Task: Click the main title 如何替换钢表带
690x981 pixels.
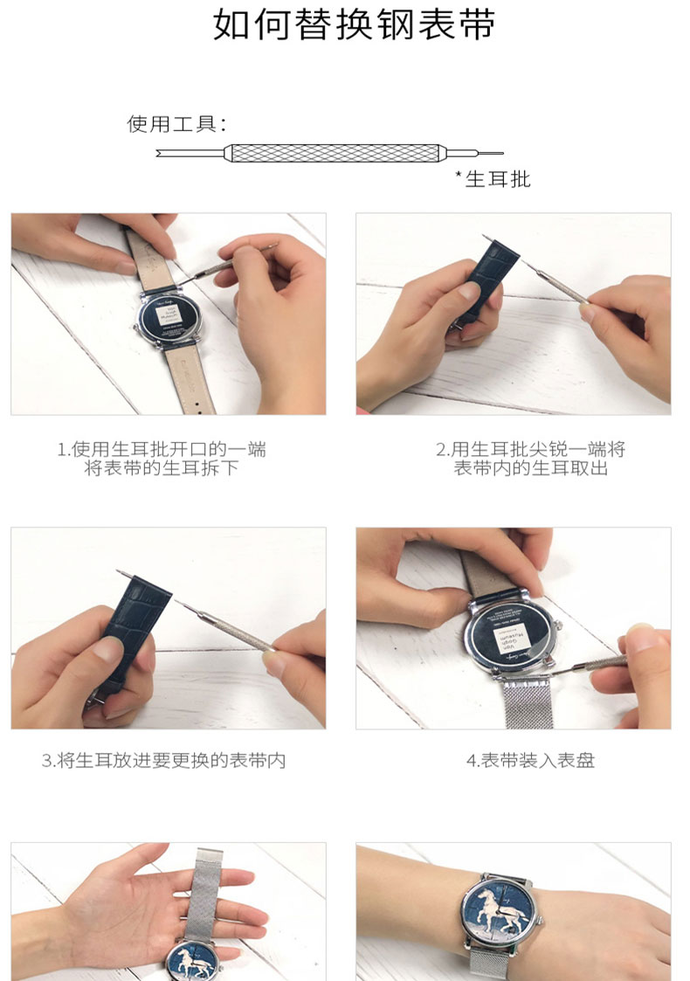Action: (354, 25)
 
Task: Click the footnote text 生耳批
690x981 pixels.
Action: (498, 179)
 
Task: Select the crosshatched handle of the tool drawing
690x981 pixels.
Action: (335, 153)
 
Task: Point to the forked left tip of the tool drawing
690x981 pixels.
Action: (157, 153)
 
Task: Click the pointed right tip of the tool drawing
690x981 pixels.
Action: (502, 153)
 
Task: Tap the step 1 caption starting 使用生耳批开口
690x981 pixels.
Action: (162, 459)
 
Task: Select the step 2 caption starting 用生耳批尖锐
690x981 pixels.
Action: (530, 459)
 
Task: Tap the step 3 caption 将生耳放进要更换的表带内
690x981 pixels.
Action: (164, 761)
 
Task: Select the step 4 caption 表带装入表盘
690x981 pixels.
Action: (530, 761)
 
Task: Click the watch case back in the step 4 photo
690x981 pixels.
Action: (509, 639)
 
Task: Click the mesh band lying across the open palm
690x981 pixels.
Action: (204, 895)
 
